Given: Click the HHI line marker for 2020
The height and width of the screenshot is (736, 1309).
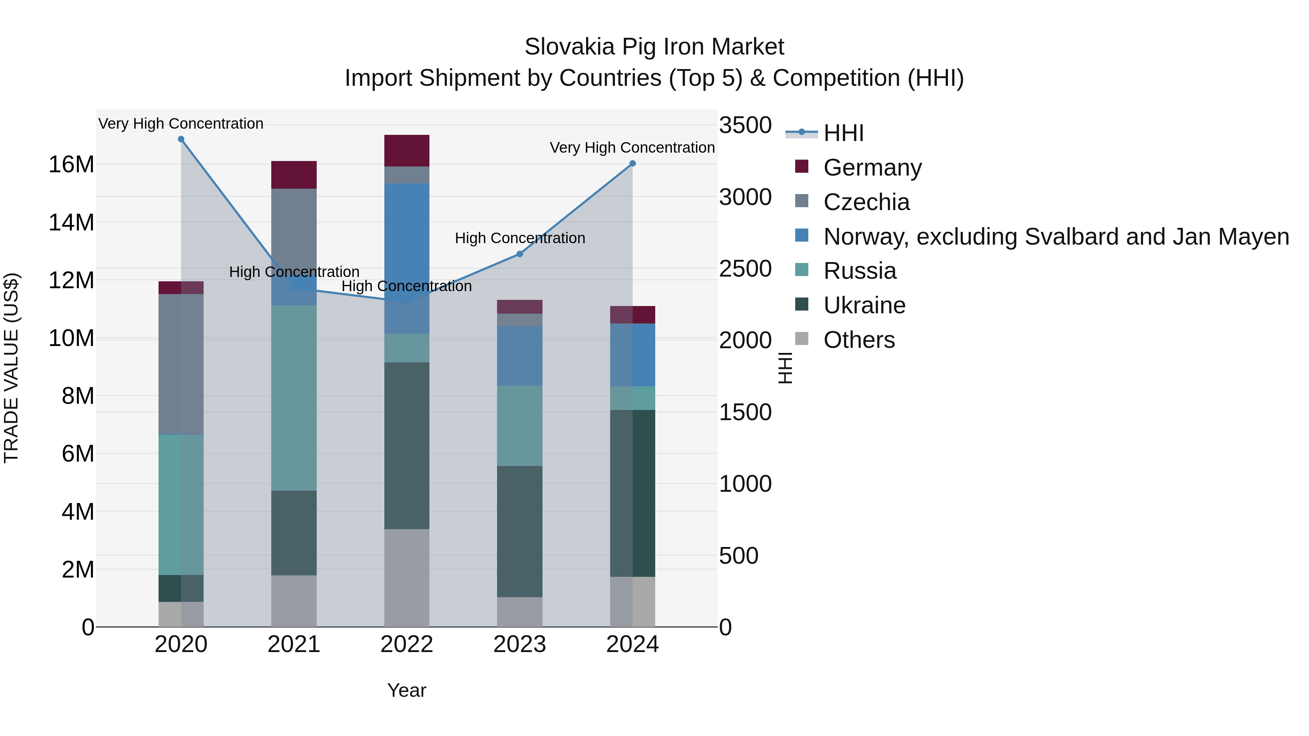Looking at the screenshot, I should [181, 139].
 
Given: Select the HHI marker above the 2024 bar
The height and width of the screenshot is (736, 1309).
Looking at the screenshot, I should [633, 164].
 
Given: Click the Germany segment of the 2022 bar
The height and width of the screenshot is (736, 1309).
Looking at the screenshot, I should [407, 151].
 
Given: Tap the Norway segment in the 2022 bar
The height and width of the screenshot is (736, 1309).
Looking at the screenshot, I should [407, 258].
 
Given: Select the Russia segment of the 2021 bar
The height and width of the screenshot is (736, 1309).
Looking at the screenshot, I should [294, 398].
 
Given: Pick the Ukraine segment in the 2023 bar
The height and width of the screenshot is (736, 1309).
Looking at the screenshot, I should [519, 531].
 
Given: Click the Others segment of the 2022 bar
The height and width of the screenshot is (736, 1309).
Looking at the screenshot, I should [407, 578].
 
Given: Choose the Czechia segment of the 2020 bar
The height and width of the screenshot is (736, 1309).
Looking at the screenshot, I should [181, 364].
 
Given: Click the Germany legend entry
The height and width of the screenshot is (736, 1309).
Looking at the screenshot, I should [872, 168].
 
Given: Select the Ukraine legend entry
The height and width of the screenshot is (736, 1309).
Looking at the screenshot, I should [864, 305].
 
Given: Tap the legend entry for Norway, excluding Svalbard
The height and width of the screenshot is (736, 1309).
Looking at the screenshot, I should [1056, 237].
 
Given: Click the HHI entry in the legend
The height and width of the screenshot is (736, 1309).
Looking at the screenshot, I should [844, 133].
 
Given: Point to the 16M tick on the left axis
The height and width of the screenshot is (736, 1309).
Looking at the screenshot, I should [71, 165].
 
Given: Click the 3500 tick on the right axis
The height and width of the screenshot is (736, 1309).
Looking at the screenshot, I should [745, 125].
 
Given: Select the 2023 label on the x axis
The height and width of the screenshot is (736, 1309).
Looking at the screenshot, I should [519, 644].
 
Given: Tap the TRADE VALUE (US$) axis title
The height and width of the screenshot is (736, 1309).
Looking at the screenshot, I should [11, 368].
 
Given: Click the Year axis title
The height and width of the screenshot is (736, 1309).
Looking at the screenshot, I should [407, 690].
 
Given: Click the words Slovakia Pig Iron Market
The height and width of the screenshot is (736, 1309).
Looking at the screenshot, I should [654, 47].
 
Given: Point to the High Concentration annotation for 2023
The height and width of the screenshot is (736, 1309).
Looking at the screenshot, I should [519, 238].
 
